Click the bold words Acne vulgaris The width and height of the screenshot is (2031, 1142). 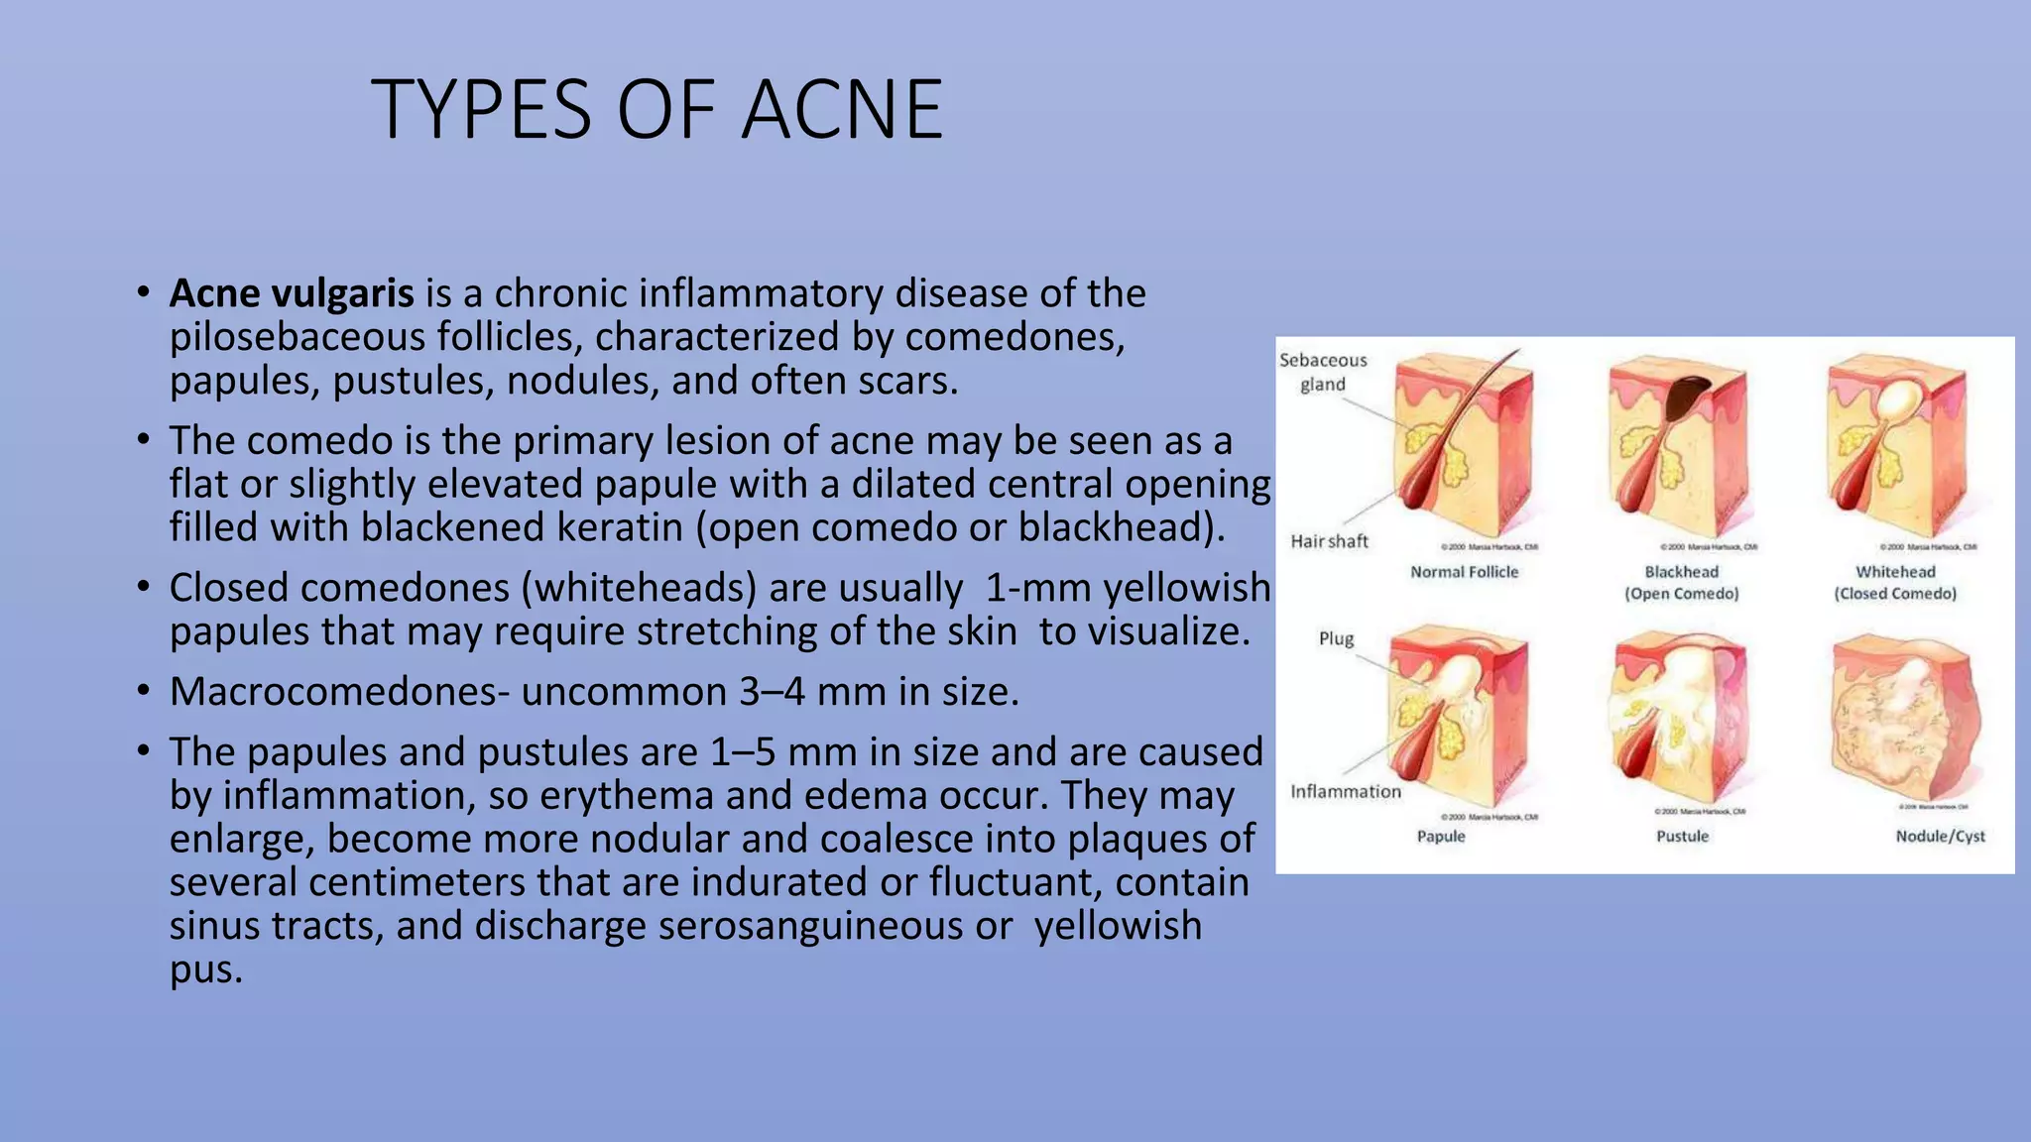pyautogui.click(x=291, y=293)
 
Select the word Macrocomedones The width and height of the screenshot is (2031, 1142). pyautogui.click(x=331, y=692)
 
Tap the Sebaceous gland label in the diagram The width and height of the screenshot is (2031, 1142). pyautogui.click(x=1323, y=372)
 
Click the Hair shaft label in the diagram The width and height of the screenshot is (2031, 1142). pyautogui.click(x=1329, y=541)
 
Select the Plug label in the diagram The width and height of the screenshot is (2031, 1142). pyautogui.click(x=1336, y=638)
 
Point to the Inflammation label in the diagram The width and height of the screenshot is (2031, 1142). pyautogui.click(x=1345, y=791)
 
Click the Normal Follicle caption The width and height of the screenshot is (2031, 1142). pyautogui.click(x=1464, y=572)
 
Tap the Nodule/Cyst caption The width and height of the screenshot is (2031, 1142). pyautogui.click(x=1940, y=836)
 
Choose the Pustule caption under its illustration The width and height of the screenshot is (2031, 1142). pyautogui.click(x=1682, y=836)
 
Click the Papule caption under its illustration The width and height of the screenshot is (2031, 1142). pyautogui.click(x=1440, y=836)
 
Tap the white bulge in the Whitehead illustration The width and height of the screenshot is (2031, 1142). pyautogui.click(x=1897, y=399)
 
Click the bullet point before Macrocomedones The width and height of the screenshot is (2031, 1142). pyautogui.click(x=144, y=691)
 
